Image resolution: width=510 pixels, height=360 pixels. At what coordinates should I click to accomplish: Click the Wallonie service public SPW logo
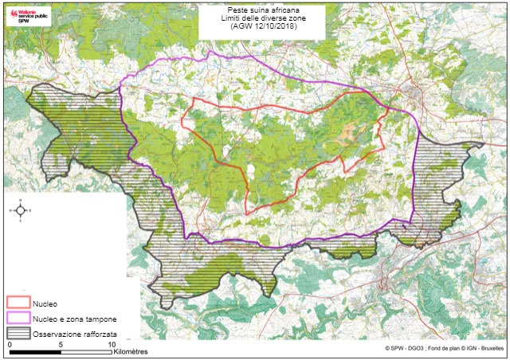27,18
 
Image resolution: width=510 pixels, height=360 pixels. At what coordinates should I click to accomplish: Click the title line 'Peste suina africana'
254,11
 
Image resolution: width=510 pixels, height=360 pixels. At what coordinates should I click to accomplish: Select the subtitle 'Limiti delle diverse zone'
254,19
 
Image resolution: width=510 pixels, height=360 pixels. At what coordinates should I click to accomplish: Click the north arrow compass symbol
21,211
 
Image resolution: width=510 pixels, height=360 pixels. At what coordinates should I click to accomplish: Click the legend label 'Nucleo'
44,303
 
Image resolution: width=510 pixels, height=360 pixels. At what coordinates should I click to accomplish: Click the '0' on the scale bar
9,343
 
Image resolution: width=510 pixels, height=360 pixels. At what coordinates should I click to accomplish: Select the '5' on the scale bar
61,343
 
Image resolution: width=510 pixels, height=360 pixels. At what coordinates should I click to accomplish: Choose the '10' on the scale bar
112,343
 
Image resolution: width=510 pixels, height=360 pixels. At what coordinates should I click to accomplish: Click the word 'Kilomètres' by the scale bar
136,350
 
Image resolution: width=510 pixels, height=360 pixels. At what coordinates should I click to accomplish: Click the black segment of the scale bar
34,350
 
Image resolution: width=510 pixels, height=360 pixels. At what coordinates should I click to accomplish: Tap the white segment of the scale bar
86,350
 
